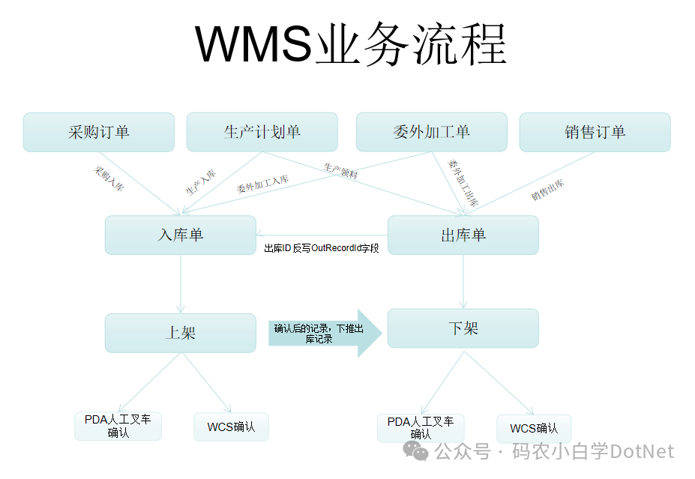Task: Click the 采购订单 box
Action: [99, 132]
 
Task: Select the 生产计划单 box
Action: [262, 132]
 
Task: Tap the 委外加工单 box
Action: [431, 132]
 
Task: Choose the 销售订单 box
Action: [595, 132]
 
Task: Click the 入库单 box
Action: [180, 235]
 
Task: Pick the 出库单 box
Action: [463, 235]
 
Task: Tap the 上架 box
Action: [180, 332]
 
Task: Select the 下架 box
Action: [463, 328]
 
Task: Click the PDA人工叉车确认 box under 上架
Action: [118, 426]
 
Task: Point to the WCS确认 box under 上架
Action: [231, 427]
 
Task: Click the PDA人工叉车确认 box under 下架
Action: [421, 428]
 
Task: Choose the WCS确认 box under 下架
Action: [534, 429]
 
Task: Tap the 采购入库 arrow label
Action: [109, 179]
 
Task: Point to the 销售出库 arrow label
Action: [548, 190]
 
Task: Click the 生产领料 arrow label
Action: [340, 171]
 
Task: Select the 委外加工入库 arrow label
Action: [262, 184]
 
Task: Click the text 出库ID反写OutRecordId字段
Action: [322, 248]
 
